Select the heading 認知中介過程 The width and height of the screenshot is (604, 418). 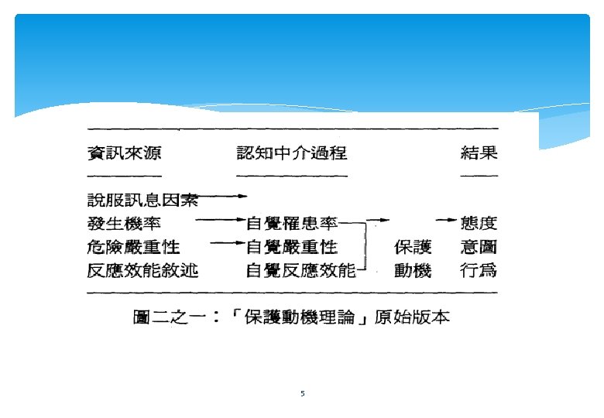(291, 153)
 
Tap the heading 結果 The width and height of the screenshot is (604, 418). (479, 153)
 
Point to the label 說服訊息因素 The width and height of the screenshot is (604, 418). (142, 200)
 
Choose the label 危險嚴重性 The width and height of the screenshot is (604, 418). (132, 247)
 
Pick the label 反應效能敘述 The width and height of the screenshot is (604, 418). (142, 270)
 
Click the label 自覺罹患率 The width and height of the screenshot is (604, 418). (292, 224)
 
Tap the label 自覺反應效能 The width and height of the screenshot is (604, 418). (300, 270)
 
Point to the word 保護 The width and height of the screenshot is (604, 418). (413, 247)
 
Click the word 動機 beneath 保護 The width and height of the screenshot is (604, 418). (413, 270)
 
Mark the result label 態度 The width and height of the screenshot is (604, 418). (479, 224)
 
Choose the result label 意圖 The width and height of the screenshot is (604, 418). (479, 247)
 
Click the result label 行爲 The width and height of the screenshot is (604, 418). (479, 270)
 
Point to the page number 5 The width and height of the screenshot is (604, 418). (302, 394)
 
